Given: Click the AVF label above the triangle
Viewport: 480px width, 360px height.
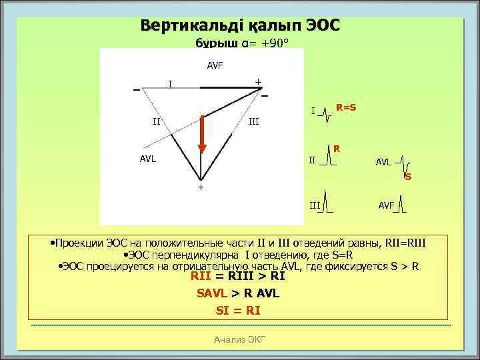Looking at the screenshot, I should pyautogui.click(x=215, y=66).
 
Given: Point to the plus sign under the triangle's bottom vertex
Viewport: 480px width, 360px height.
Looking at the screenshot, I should pyautogui.click(x=199, y=188).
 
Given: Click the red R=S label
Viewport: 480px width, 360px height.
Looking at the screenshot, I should pyautogui.click(x=345, y=107).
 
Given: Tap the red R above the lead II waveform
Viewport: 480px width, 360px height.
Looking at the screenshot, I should pyautogui.click(x=337, y=147).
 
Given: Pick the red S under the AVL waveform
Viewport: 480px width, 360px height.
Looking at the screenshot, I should pyautogui.click(x=408, y=177).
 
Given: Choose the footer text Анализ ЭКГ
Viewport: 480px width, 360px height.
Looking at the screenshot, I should pyautogui.click(x=239, y=339).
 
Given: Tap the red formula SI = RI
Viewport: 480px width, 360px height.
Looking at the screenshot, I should pyautogui.click(x=238, y=310).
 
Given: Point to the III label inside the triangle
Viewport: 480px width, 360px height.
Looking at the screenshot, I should pyautogui.click(x=253, y=122).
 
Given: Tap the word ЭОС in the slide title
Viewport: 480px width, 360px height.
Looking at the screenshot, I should pyautogui.click(x=323, y=25).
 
